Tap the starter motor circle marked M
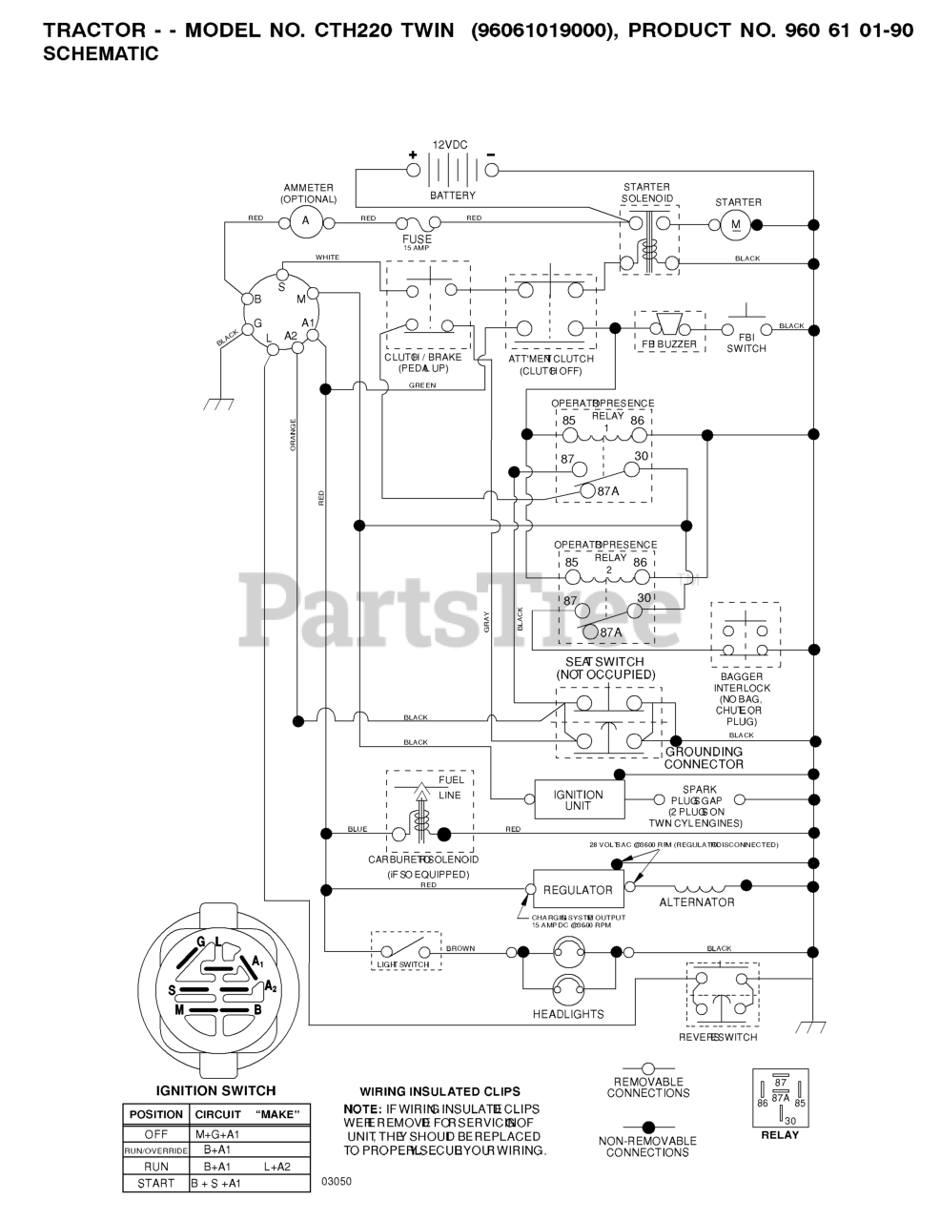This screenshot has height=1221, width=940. point(733,224)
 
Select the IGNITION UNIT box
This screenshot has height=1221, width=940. point(579,799)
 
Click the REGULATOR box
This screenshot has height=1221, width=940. point(577,890)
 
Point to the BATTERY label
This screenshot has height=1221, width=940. point(452,196)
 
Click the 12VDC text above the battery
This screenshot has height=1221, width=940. point(450,145)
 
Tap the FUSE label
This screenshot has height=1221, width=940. point(417,239)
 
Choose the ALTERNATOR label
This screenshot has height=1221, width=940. point(697,902)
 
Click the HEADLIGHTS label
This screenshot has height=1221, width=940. point(568,1014)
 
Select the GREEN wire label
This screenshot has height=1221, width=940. point(422,385)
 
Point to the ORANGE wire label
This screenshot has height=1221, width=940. point(294,434)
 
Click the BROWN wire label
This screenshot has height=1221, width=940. point(460,948)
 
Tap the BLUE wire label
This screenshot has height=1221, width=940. point(358,829)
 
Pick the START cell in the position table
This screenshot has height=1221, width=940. point(155,1184)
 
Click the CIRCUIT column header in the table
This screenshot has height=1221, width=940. point(218,1114)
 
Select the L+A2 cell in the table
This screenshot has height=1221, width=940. point(276,1167)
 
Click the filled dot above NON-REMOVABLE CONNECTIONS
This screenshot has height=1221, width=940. point(647,1126)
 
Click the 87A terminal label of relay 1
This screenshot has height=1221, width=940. point(608,490)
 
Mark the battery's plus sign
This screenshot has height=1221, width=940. point(413,155)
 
